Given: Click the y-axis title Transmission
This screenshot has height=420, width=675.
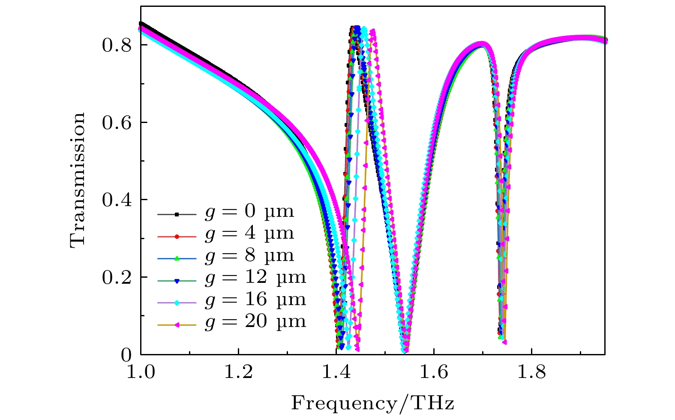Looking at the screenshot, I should coord(78,180).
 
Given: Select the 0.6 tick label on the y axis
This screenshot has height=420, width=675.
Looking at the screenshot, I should coord(117,123).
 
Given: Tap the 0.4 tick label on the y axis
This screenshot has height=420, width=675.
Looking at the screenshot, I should coord(117,200).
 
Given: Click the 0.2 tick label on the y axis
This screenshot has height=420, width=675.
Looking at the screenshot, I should coord(117,278).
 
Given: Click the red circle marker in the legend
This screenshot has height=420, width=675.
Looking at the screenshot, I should coord(177,236).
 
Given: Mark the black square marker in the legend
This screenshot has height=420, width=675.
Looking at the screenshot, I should coord(177,214).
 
